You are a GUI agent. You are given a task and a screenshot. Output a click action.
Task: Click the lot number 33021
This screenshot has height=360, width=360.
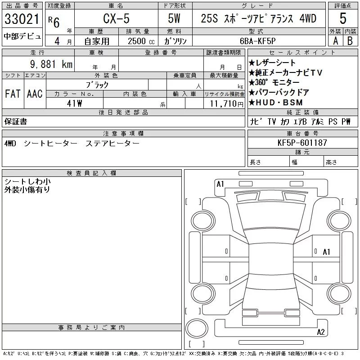tap(22, 19)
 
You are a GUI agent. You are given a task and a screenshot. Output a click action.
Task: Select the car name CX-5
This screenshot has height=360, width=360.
tap(116, 18)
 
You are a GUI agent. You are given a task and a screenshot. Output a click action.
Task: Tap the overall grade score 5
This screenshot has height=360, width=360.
tap(343, 18)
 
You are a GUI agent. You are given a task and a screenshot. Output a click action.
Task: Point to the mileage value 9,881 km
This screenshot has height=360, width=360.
tap(51, 64)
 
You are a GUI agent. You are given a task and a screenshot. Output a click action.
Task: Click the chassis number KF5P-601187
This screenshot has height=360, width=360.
tap(302, 143)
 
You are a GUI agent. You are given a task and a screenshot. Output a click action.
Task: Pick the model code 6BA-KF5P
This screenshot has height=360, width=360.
tap(257, 41)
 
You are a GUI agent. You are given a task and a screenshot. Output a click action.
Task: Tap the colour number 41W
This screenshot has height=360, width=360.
tap(74, 103)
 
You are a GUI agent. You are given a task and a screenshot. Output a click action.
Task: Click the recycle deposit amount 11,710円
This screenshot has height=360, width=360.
tap(227, 104)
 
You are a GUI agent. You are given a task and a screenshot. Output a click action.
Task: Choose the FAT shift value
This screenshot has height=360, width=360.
tap(13, 94)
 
